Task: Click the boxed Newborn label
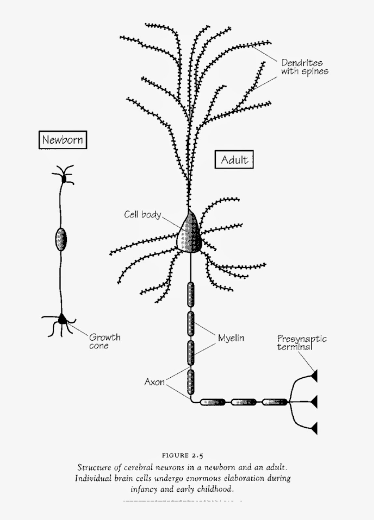pos(63,140)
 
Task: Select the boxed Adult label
pos(234,160)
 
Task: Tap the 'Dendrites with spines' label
pos(305,67)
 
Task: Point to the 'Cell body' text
pos(143,214)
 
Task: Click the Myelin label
pos(231,338)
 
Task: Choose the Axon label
pos(154,382)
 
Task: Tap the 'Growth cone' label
pos(104,341)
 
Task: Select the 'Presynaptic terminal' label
pos(301,343)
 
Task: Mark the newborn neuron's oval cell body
pos(61,240)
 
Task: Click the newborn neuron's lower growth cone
pos(62,319)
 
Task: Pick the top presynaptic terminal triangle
pos(314,376)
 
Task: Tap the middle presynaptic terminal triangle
pos(314,402)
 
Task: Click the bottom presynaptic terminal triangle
pos(314,428)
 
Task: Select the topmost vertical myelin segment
pos(191,294)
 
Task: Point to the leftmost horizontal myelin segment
pos(213,402)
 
